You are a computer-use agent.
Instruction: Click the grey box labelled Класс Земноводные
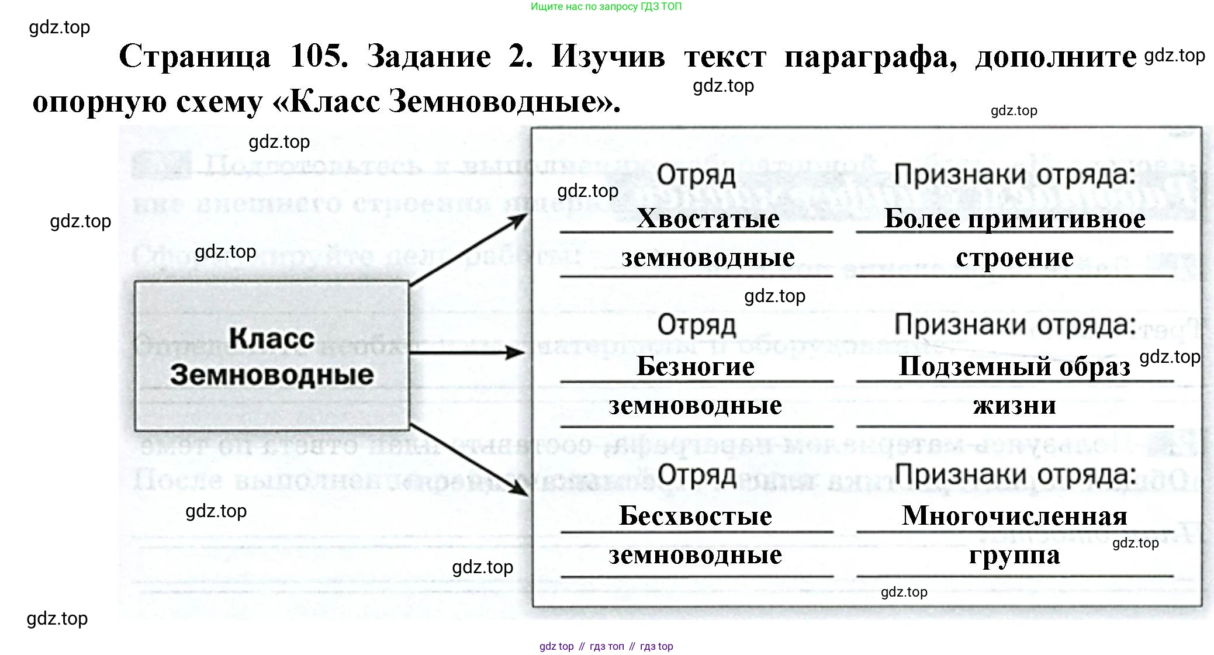272,356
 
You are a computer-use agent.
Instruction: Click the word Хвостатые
708,219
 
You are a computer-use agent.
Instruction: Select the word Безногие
696,366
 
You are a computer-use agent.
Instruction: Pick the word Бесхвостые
696,516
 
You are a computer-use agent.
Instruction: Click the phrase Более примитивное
1015,219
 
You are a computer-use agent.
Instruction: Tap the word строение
1015,257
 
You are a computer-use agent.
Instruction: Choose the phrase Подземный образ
1015,366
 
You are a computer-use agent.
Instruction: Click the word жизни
1015,405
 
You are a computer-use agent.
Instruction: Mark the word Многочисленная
1015,516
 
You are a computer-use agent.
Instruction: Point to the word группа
1015,555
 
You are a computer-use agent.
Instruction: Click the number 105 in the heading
319,57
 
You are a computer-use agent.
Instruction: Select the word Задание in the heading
428,57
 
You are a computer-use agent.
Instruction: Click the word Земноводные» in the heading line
504,102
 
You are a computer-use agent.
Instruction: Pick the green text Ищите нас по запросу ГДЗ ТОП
606,7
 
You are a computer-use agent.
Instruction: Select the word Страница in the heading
195,57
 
